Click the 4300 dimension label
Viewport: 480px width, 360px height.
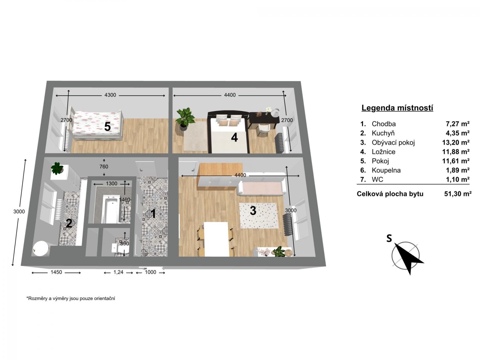coord(110,95)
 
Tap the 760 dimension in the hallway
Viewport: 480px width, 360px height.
coord(104,166)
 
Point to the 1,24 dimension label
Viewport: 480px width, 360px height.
coord(118,272)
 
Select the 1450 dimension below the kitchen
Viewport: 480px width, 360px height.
coord(56,272)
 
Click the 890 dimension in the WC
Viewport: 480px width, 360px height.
coord(124,244)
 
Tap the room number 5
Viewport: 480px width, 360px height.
coord(107,127)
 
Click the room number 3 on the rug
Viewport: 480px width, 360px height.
coord(253,211)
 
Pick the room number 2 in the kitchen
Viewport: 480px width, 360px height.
coord(69,223)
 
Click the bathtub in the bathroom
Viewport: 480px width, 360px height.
coord(111,209)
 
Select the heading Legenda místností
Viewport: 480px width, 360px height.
coord(397,108)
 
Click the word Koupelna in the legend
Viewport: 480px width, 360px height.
coord(386,170)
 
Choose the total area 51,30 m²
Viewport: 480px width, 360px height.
coord(458,194)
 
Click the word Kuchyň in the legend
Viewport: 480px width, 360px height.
coord(383,133)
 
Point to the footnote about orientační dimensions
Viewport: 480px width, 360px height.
coord(70,298)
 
